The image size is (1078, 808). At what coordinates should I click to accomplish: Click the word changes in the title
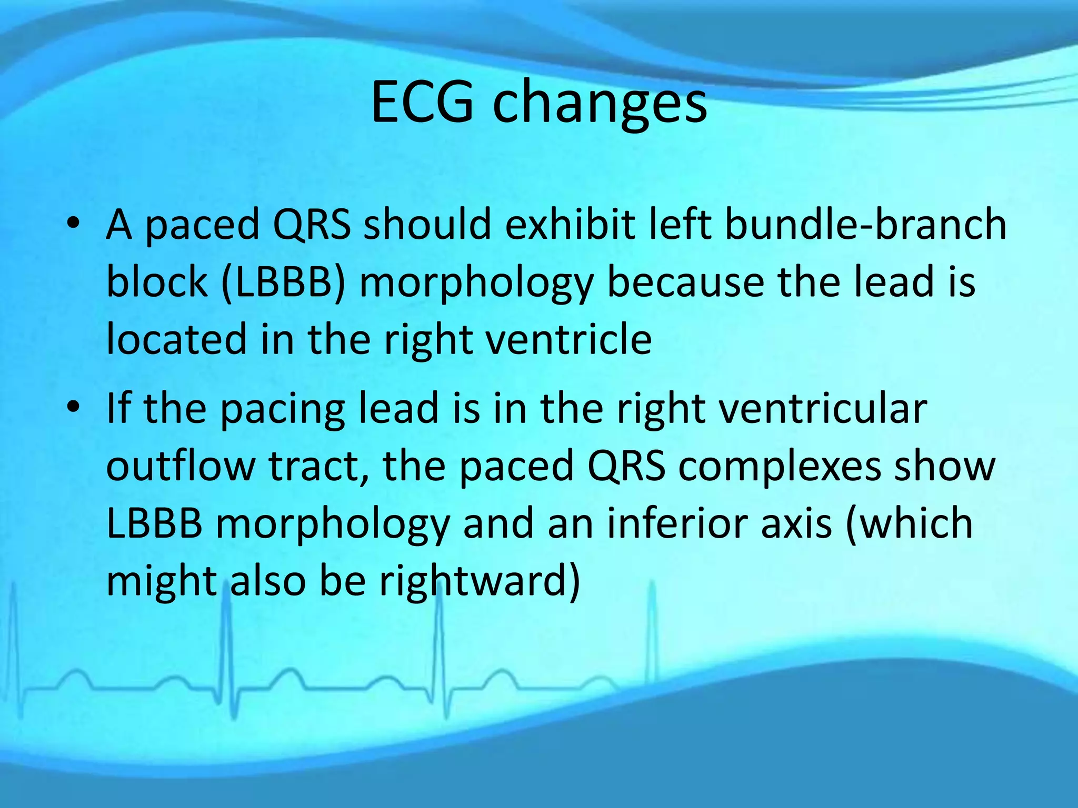point(600,105)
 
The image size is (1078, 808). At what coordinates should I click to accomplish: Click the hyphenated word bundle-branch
point(865,224)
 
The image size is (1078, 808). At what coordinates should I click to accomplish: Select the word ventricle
point(568,339)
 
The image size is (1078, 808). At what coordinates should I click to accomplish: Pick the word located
point(176,339)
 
